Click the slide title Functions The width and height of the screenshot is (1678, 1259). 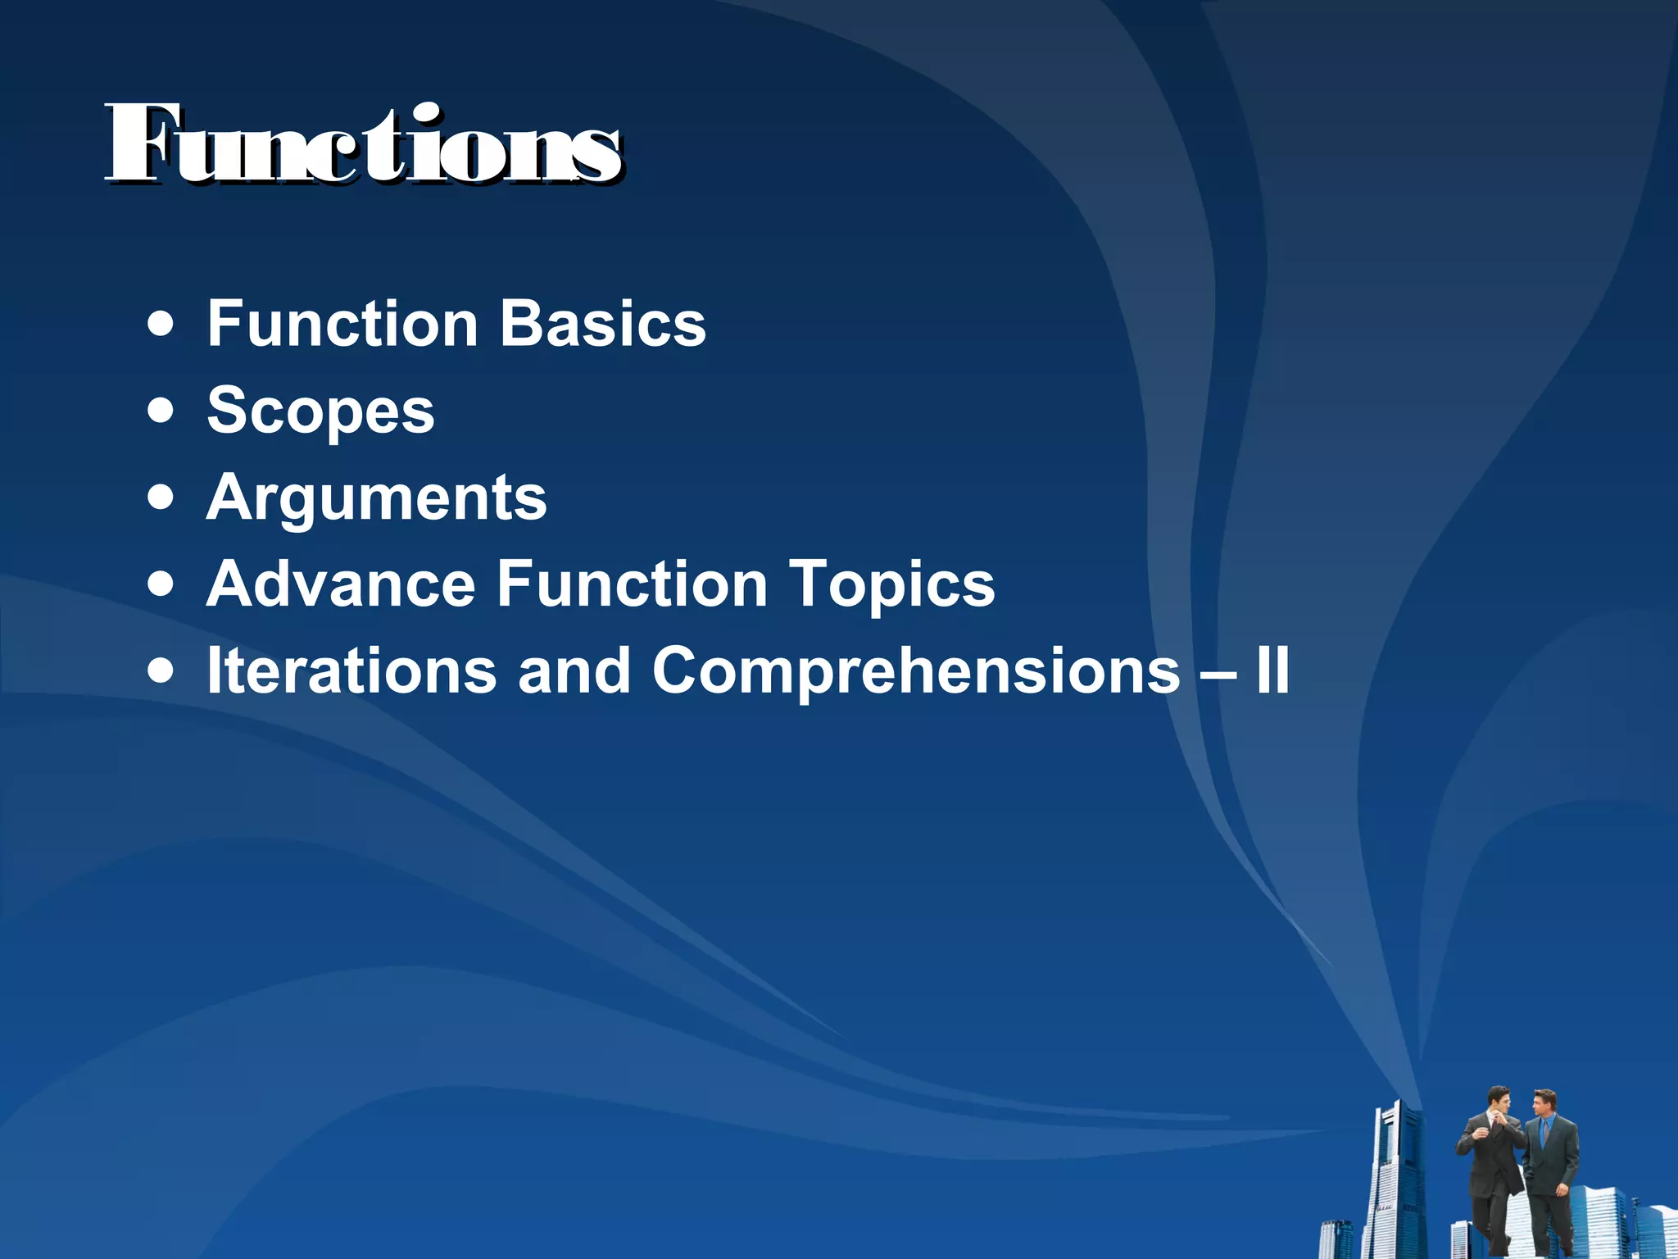pos(363,146)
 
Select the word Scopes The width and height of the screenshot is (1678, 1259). pos(320,411)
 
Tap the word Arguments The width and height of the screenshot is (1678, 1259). pos(376,498)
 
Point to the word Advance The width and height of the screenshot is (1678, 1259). pos(341,584)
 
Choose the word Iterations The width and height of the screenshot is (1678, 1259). pos(351,671)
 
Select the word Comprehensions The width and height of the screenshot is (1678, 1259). pos(916,671)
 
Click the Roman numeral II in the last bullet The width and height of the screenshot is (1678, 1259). pos(1272,671)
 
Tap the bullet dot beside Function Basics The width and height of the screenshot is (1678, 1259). pos(161,324)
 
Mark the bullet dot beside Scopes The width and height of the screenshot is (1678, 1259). pos(161,411)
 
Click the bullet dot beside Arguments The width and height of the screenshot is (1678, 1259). pos(161,498)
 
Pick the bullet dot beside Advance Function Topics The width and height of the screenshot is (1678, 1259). pos(161,584)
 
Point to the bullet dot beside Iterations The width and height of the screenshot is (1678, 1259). pos(161,671)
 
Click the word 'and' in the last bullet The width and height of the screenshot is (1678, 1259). pos(574,671)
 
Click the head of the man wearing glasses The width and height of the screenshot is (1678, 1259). pos(1499,1101)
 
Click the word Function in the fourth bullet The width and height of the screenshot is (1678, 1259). pos(632,584)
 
